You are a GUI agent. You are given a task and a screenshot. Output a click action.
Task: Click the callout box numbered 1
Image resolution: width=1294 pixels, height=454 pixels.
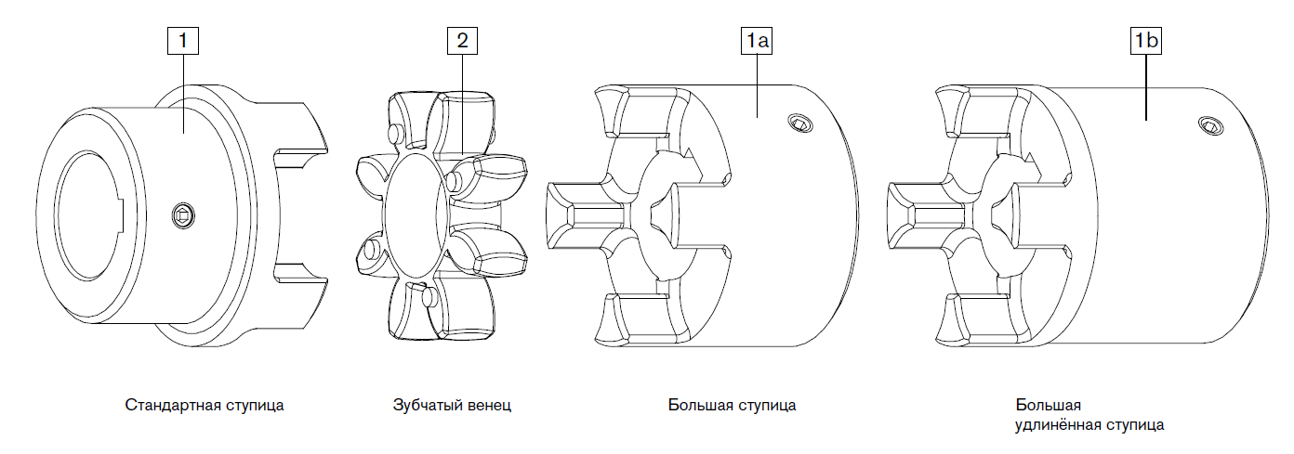click(x=183, y=40)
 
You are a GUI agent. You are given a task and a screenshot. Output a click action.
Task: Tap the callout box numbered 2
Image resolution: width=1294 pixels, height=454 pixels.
click(x=462, y=40)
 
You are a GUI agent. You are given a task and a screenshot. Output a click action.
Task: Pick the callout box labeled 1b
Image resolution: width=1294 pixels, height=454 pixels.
click(x=1146, y=40)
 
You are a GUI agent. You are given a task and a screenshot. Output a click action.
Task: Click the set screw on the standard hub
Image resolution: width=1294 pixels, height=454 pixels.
click(x=183, y=217)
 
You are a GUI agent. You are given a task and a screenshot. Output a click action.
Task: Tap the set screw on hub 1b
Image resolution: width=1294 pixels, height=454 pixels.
click(x=1208, y=126)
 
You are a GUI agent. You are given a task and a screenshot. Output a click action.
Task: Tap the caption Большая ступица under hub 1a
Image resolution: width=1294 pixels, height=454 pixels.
click(x=732, y=406)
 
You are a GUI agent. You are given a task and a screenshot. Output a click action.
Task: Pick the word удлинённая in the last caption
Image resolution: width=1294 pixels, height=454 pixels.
click(x=1056, y=426)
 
